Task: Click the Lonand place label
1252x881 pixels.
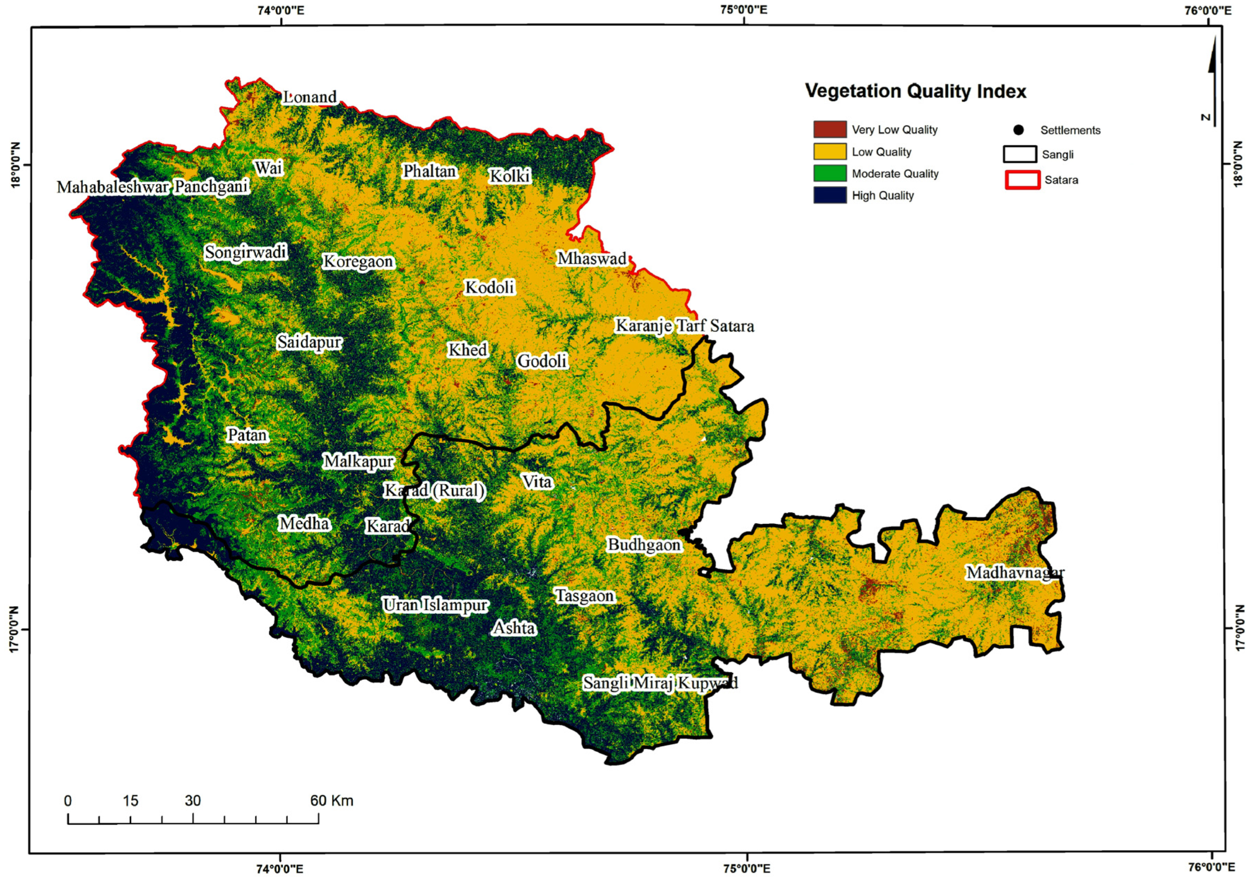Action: click(x=310, y=97)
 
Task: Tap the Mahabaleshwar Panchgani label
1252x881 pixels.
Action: click(x=153, y=187)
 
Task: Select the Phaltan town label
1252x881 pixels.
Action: click(x=429, y=171)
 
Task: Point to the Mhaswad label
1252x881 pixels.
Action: click(x=592, y=259)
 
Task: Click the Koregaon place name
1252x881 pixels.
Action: click(x=358, y=262)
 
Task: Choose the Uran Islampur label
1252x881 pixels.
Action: click(x=435, y=605)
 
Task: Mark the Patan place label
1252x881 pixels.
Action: click(x=247, y=435)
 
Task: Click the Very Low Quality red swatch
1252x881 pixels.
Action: click(x=830, y=130)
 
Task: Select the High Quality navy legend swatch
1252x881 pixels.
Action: click(x=830, y=195)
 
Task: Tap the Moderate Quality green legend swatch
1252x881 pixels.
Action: click(x=830, y=174)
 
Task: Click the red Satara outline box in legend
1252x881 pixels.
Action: click(x=1022, y=180)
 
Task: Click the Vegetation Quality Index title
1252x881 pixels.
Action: click(x=916, y=91)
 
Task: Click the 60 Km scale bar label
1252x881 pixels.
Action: click(x=332, y=801)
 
